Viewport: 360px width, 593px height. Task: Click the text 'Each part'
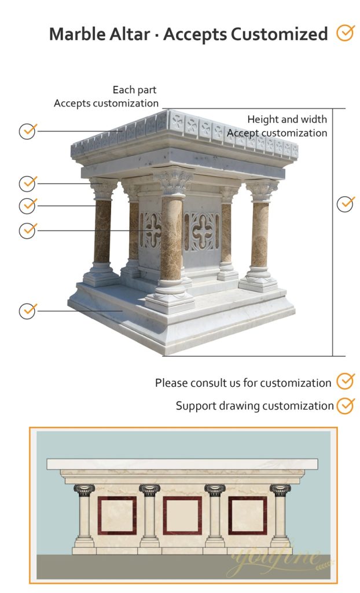(134, 90)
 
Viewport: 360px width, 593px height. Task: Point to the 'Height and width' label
(287, 119)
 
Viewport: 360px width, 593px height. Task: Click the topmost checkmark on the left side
(28, 131)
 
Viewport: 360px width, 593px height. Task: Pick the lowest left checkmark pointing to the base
(28, 310)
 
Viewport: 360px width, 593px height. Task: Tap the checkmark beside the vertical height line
(346, 204)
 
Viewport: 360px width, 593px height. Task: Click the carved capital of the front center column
(173, 181)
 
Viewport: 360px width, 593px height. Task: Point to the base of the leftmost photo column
(101, 275)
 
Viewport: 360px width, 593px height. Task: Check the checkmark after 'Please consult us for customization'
(346, 382)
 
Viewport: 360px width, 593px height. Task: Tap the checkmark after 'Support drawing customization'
(346, 405)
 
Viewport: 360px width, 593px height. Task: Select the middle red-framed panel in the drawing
(182, 515)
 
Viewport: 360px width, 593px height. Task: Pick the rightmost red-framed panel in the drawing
(248, 515)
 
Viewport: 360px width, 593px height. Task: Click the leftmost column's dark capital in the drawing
(85, 490)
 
